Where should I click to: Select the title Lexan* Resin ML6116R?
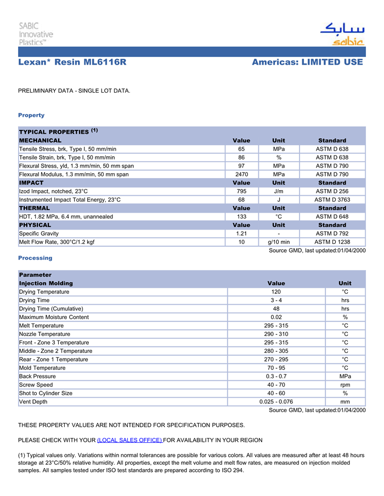(x=72, y=62)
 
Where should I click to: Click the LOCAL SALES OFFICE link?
(x=129, y=440)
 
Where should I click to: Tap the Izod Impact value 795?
(x=241, y=191)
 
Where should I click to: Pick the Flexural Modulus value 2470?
(x=241, y=174)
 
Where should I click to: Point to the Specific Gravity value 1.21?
(x=241, y=233)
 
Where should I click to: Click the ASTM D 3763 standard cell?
(x=332, y=199)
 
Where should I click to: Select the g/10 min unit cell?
(x=279, y=242)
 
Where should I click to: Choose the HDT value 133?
(x=241, y=216)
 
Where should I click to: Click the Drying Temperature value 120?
(x=276, y=292)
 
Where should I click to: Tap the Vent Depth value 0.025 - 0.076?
(x=276, y=402)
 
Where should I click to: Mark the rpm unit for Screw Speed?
(x=345, y=385)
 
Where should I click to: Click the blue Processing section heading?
(x=35, y=258)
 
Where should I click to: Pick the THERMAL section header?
(x=35, y=208)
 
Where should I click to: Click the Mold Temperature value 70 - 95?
(x=276, y=368)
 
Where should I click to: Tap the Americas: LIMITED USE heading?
(x=307, y=62)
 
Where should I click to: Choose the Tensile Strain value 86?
(x=241, y=157)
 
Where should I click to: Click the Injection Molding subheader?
(x=46, y=283)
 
